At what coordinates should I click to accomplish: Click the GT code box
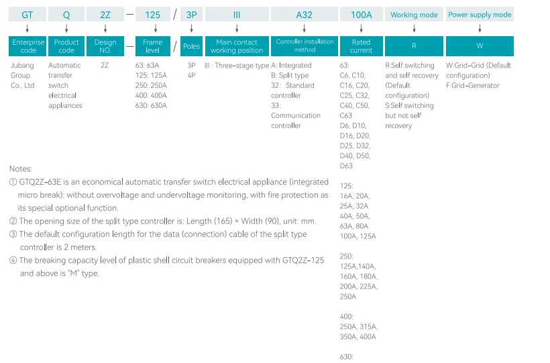(x=27, y=14)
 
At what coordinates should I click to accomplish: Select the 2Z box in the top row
(x=105, y=14)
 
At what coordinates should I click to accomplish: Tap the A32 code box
(x=304, y=14)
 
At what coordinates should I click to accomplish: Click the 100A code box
(x=362, y=14)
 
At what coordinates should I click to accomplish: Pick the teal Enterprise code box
(x=27, y=46)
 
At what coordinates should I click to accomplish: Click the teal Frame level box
(x=152, y=46)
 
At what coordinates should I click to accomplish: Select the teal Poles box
(x=192, y=46)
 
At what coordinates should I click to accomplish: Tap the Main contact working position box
(x=237, y=46)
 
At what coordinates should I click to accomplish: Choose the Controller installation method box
(x=304, y=46)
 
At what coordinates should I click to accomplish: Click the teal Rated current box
(x=362, y=46)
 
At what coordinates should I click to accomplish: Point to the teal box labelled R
(x=414, y=46)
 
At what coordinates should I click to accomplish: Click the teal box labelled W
(x=480, y=46)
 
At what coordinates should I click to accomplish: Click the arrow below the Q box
(x=66, y=28)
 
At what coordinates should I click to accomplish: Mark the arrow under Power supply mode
(x=480, y=28)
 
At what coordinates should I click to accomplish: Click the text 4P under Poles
(x=191, y=75)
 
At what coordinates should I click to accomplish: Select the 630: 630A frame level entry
(x=151, y=105)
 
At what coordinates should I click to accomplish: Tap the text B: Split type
(x=290, y=75)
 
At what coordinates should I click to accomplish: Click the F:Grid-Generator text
(x=472, y=86)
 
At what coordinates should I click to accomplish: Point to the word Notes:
(x=21, y=169)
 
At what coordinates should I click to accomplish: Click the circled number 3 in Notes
(x=13, y=234)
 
